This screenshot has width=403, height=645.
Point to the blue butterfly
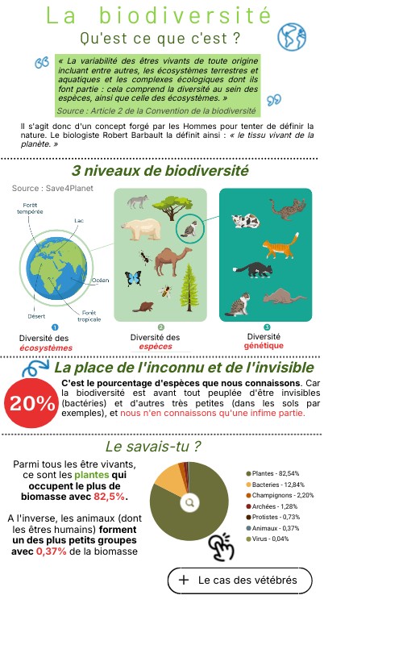pos(133,279)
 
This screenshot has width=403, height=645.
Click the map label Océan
pos(100,280)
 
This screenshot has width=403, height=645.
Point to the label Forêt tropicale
pos(89,315)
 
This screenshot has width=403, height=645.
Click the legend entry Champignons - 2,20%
pos(279,494)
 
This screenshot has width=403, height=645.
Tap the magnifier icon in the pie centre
pos(189,501)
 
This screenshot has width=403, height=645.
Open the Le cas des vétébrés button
pos(239,580)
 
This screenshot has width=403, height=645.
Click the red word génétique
pos(264,345)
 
